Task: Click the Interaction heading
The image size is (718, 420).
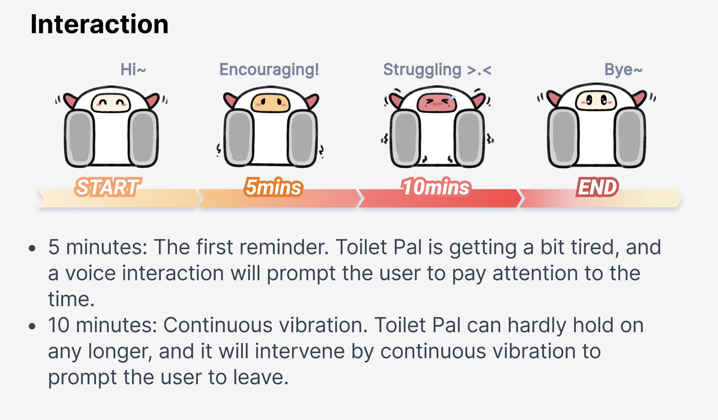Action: tap(99, 24)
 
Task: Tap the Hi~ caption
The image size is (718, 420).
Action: tap(133, 70)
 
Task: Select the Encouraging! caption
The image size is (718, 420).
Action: tap(269, 70)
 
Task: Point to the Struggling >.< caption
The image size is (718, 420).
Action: tap(437, 70)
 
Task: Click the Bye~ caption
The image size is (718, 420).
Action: tap(623, 70)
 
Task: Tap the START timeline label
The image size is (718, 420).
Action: tap(108, 187)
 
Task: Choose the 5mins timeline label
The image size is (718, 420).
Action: tap(274, 187)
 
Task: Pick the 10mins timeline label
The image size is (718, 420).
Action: tap(436, 187)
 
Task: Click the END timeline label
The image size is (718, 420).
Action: tap(597, 187)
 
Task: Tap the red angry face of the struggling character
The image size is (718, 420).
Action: tap(437, 102)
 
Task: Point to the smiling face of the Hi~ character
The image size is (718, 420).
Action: tap(111, 103)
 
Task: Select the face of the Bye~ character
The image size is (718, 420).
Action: tap(596, 101)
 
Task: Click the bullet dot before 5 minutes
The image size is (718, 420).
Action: tap(32, 248)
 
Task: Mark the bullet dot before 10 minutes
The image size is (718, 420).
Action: tap(32, 327)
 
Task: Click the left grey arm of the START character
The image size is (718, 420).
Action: tap(79, 138)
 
